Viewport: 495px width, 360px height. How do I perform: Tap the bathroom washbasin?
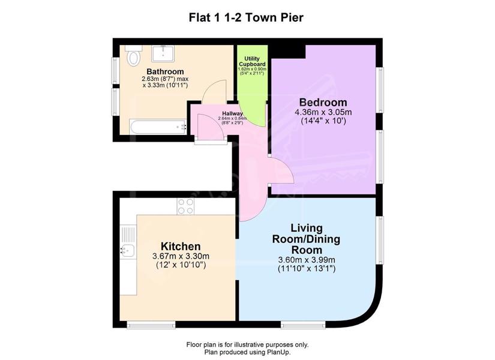point(163,53)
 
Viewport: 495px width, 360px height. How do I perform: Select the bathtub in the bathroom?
point(158,127)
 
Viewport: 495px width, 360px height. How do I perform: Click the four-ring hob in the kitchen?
point(185,206)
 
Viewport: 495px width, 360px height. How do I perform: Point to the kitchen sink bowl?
point(128,250)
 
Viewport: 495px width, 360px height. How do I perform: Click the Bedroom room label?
point(323,103)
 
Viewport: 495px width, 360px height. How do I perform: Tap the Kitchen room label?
point(181,247)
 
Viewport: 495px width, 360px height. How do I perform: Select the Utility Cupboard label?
point(252,61)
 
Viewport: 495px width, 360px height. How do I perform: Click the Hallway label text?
point(232,113)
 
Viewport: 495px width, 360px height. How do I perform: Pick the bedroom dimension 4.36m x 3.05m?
point(323,112)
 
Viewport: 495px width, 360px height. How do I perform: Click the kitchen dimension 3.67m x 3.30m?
point(181,256)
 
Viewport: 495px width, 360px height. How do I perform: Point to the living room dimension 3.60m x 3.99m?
point(306,260)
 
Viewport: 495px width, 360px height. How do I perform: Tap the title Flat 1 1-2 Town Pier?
point(246,17)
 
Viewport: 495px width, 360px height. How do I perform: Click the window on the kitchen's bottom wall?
point(151,325)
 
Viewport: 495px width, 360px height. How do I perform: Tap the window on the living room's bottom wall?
point(303,325)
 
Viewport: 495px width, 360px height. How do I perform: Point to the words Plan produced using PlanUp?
point(247,352)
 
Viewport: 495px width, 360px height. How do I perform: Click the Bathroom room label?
point(165,71)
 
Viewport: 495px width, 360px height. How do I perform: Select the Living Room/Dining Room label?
point(306,239)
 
